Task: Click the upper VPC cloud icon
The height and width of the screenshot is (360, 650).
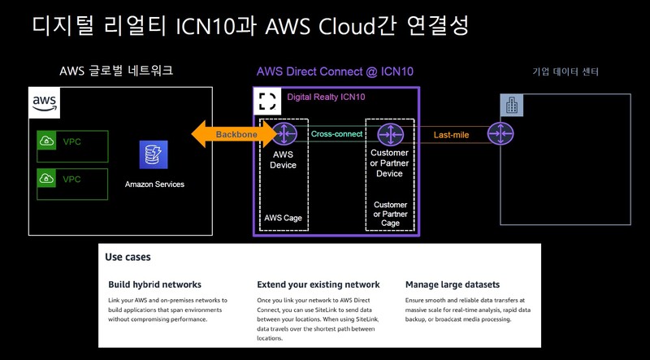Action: click(x=47, y=142)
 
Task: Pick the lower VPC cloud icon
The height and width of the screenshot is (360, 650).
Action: click(x=47, y=179)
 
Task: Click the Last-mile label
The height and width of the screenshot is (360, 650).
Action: click(x=451, y=134)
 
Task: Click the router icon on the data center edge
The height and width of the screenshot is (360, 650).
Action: click(x=499, y=133)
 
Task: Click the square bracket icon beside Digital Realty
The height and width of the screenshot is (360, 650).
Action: click(x=268, y=101)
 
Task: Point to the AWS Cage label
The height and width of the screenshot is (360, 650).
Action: click(x=284, y=217)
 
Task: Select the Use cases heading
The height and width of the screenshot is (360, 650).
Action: click(x=128, y=257)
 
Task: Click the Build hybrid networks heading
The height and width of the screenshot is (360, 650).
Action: click(x=154, y=284)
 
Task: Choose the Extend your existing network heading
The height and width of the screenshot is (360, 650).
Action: click(x=318, y=284)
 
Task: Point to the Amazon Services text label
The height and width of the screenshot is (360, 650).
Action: click(x=154, y=184)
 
